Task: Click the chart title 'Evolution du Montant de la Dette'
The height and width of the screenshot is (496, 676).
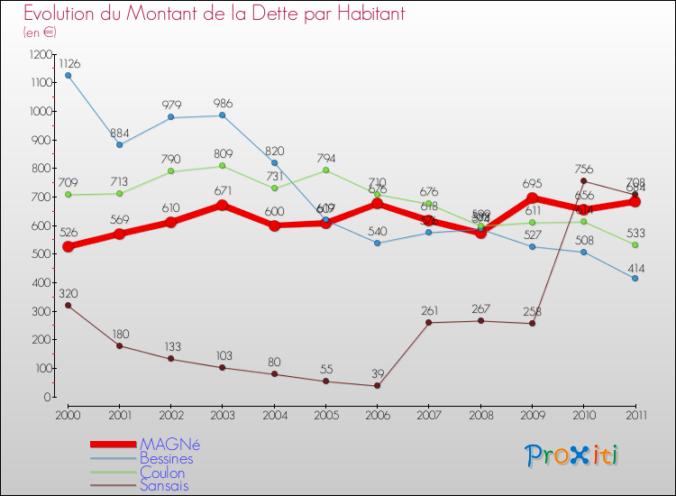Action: [x=215, y=14]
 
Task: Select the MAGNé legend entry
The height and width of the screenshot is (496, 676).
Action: [x=169, y=445]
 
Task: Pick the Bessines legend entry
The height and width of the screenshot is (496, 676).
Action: [x=166, y=458]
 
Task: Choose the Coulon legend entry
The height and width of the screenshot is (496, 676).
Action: [x=162, y=473]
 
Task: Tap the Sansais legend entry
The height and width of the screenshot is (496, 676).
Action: [x=164, y=486]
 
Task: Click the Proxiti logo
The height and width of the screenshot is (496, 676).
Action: [x=573, y=455]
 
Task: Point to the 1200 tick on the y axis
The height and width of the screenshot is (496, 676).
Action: [x=41, y=55]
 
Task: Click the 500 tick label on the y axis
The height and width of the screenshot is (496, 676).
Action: [x=41, y=254]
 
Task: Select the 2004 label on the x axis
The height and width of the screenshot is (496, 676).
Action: [x=274, y=414]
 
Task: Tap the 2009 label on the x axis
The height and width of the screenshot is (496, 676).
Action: [x=532, y=414]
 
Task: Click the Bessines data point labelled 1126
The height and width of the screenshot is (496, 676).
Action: [x=68, y=75]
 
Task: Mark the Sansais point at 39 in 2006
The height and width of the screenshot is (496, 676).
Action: [x=377, y=386]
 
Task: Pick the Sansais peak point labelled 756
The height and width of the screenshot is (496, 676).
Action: [x=583, y=180]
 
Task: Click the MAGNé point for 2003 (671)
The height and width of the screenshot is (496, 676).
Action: [x=223, y=205]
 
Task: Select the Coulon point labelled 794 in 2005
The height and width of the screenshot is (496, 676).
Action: [x=325, y=170]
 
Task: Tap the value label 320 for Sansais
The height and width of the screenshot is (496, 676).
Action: [x=69, y=293]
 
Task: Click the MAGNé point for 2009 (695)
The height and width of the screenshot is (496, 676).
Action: [x=532, y=198]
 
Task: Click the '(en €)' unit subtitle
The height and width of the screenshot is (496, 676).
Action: [x=40, y=32]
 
